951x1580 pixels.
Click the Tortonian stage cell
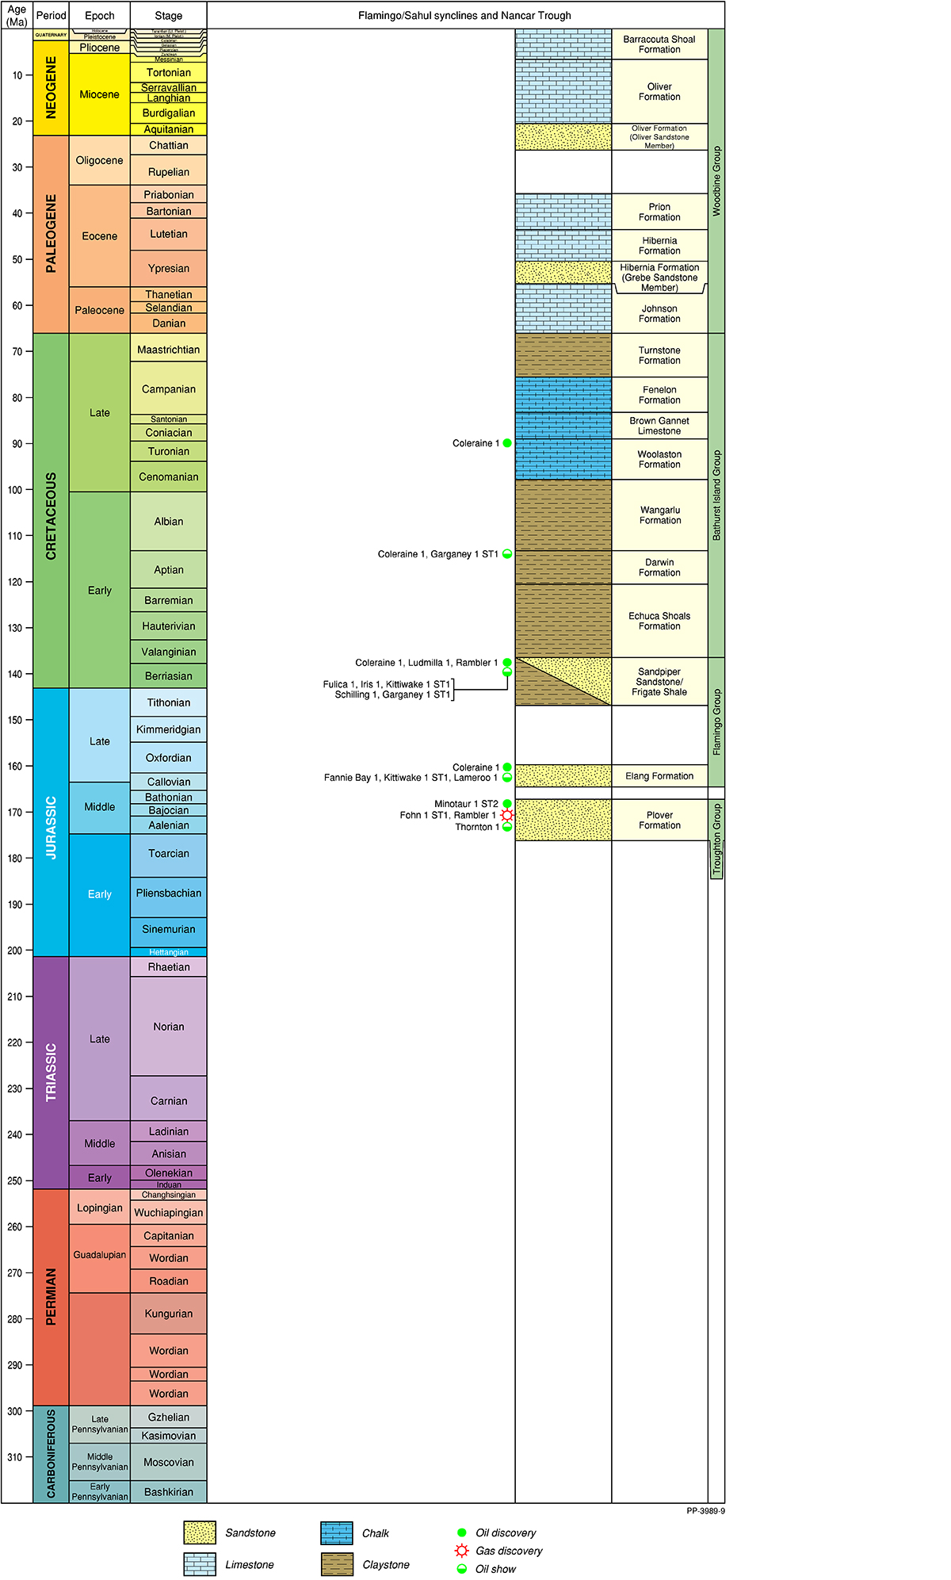(x=168, y=72)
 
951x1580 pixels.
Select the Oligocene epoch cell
(x=99, y=160)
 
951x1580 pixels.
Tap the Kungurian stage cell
(x=168, y=1314)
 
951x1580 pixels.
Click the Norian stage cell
(x=168, y=1027)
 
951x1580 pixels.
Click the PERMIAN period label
(x=52, y=1297)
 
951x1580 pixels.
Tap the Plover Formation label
(x=659, y=821)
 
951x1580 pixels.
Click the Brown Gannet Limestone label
(x=659, y=426)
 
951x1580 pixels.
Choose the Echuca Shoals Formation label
(x=659, y=621)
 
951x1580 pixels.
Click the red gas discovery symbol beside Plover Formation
(x=507, y=815)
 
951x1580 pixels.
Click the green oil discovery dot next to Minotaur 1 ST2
(x=507, y=804)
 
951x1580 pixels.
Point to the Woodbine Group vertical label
(x=716, y=181)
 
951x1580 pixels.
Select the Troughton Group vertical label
(x=716, y=840)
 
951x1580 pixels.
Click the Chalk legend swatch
(x=337, y=1533)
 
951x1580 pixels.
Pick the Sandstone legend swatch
(x=199, y=1533)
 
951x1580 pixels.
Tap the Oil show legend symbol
(x=462, y=1569)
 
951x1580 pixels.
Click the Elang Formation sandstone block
(x=563, y=776)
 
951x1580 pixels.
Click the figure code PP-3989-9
(x=705, y=1511)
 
